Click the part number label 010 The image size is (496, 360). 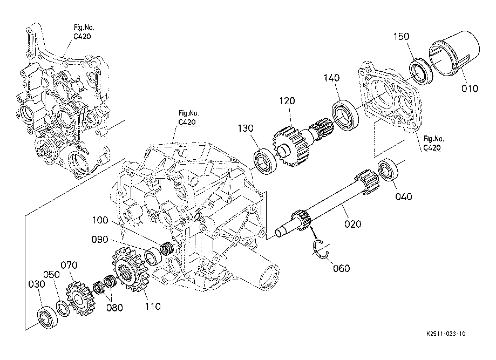click(x=470, y=89)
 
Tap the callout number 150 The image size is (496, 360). click(x=401, y=36)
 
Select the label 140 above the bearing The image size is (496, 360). click(x=331, y=78)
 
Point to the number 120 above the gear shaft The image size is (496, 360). click(x=287, y=101)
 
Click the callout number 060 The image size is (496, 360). click(x=341, y=268)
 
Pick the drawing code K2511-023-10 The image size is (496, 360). click(x=446, y=334)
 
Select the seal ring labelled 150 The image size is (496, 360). click(x=420, y=71)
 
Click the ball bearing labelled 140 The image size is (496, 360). click(x=345, y=115)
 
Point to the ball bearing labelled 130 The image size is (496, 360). click(x=265, y=162)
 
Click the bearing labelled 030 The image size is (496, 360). click(x=48, y=317)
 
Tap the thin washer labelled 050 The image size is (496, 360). click(x=63, y=309)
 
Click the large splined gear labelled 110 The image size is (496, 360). click(x=130, y=270)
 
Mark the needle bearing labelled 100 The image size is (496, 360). click(x=167, y=248)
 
